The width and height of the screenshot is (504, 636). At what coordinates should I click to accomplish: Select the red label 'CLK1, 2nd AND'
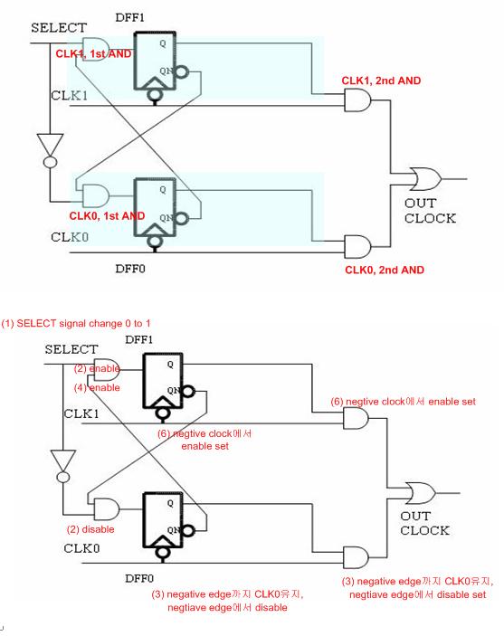point(381,81)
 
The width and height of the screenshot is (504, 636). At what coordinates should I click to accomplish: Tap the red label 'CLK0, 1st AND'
point(108,216)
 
